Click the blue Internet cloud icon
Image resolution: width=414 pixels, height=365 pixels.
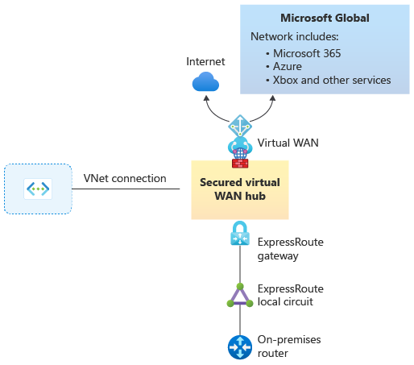pos(205,81)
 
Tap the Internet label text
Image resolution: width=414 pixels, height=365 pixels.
pos(205,61)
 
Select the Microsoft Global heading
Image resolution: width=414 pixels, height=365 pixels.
pos(325,18)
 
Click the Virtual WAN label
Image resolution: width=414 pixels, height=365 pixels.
pos(288,143)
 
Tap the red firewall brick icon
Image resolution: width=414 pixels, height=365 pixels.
pos(240,164)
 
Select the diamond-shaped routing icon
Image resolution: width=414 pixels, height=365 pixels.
pos(240,126)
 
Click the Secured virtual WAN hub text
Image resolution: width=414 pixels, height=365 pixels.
pos(240,189)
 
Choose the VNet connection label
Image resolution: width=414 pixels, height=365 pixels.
pos(125,178)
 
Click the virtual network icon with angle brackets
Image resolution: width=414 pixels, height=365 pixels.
pos(38,189)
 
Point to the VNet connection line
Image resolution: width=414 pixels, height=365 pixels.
pos(126,189)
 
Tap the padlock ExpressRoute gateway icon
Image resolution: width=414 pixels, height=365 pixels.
pos(240,233)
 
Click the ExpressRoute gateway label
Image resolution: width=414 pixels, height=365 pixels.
pos(291,249)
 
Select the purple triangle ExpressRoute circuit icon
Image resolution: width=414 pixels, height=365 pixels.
pos(240,296)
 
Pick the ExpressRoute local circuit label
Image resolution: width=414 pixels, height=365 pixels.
pos(291,295)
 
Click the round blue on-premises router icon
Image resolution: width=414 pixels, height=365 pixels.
pos(240,347)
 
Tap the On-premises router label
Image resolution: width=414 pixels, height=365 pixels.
pos(289,346)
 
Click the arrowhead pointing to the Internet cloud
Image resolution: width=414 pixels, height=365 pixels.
pos(206,98)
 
